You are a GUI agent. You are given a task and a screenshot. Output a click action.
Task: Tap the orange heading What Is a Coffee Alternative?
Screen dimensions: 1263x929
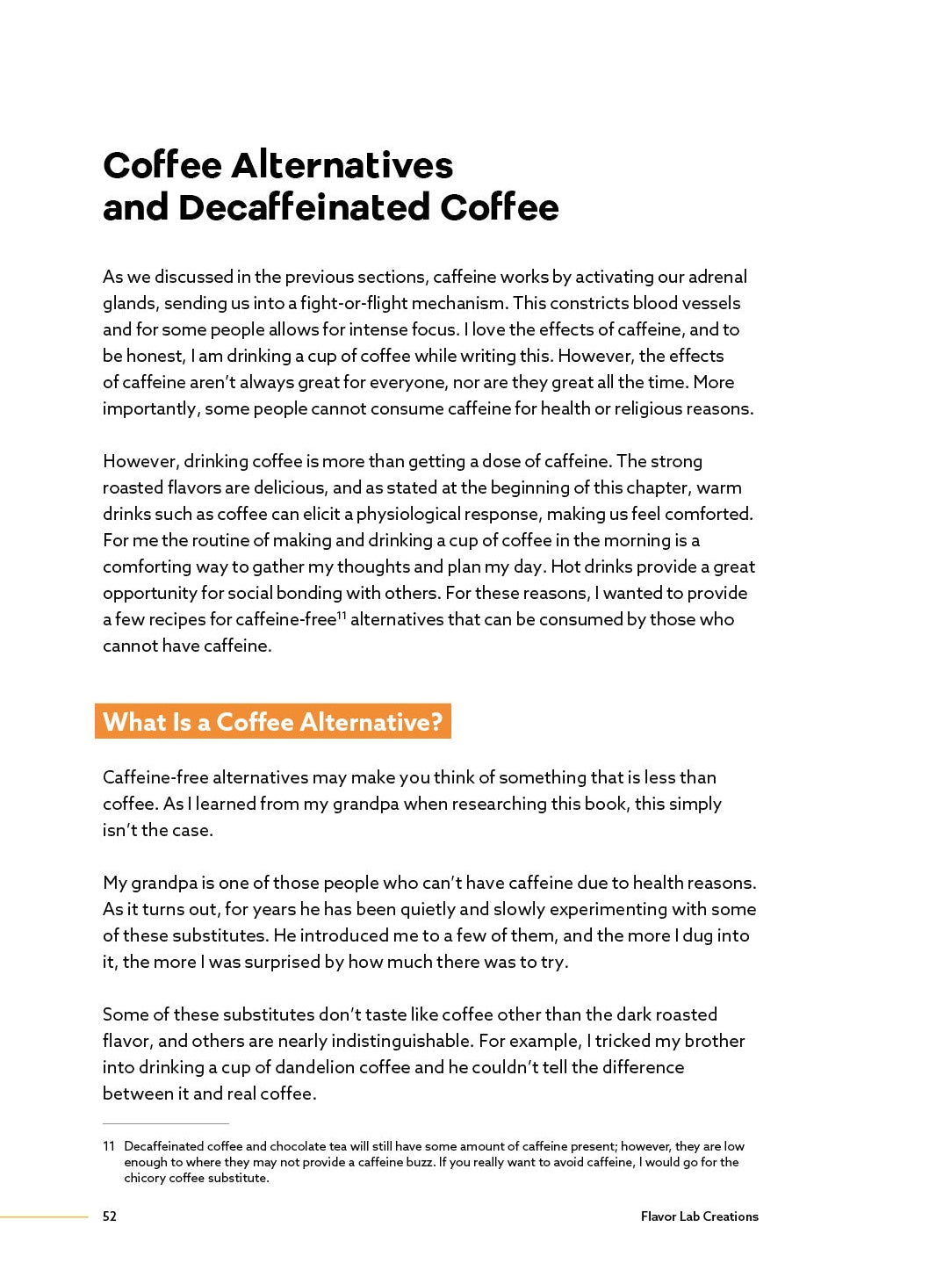273,722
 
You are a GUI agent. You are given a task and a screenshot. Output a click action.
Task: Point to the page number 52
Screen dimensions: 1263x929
110,1216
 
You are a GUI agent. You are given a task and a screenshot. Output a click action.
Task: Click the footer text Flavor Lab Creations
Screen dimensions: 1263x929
699,1216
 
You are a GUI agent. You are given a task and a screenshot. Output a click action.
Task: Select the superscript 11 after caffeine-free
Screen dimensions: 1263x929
342,615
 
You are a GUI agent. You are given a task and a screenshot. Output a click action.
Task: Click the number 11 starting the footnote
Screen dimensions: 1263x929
109,1146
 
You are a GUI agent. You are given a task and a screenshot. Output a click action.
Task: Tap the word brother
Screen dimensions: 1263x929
714,1041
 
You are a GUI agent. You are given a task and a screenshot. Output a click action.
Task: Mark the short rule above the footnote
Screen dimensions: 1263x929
166,1123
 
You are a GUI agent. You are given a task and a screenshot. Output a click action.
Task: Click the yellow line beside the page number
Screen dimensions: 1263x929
44,1216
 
